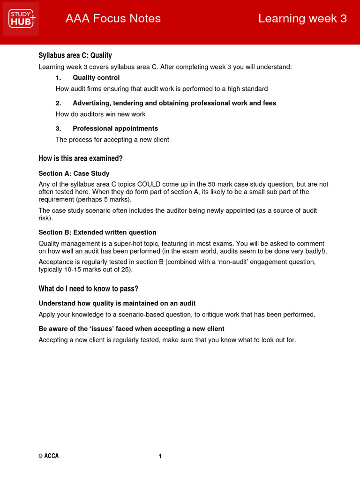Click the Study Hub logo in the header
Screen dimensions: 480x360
21,19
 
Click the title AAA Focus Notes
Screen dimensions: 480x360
113,19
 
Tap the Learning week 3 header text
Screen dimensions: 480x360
302,19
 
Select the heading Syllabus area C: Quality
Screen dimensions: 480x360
75,56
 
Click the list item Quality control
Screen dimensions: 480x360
96,78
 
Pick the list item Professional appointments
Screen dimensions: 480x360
115,128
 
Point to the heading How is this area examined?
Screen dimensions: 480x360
80,158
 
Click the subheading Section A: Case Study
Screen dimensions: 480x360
74,173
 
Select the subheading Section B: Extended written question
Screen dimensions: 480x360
97,232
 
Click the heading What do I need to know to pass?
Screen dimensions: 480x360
88,288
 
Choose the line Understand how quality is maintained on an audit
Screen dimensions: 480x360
117,303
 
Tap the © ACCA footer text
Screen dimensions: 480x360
48,456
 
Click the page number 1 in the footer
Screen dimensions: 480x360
160,456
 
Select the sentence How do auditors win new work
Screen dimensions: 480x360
100,114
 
